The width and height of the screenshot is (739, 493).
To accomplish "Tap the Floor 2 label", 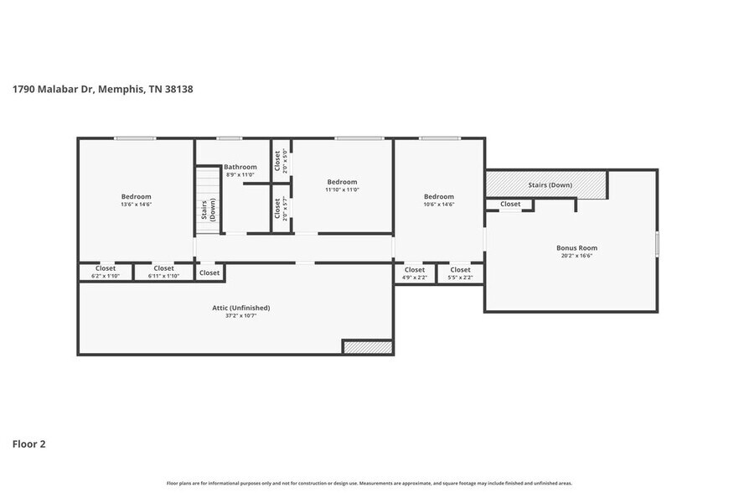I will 28,444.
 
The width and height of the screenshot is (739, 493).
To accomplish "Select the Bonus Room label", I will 576,248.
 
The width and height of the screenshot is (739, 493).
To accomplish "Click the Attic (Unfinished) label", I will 240,308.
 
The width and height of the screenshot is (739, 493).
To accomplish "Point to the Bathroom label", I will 240,167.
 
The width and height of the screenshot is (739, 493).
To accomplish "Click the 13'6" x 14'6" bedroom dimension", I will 136,204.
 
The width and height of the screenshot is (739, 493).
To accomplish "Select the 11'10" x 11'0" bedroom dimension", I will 342,189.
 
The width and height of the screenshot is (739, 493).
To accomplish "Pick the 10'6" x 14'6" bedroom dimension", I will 438,204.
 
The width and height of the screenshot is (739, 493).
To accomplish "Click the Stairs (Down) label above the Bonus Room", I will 550,184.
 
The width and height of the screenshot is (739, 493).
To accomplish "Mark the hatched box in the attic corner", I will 367,347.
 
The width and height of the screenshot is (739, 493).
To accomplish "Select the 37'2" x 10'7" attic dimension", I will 240,316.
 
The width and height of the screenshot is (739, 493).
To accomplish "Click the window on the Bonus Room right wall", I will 657,243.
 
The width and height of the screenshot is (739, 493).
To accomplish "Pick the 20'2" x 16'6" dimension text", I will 576,256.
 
